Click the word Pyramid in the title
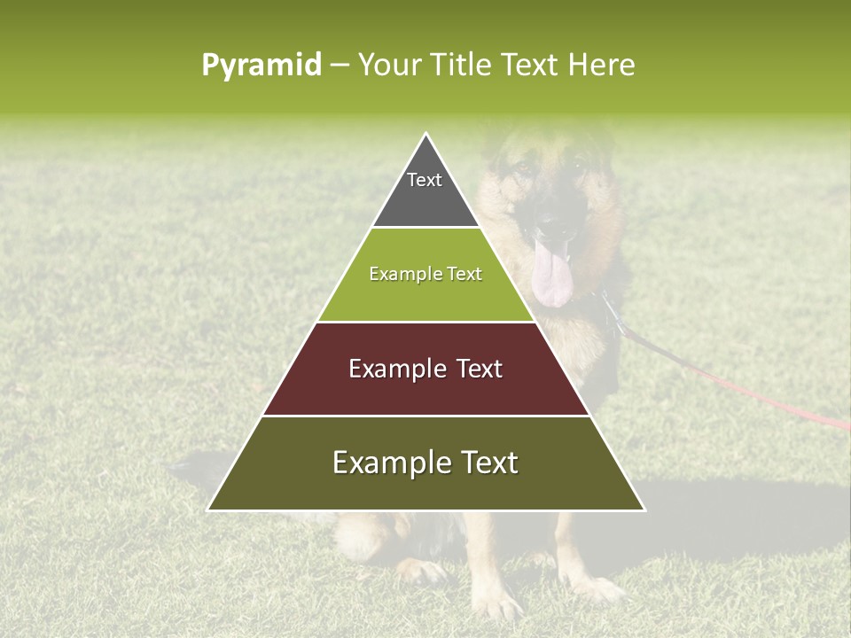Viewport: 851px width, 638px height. click(x=261, y=65)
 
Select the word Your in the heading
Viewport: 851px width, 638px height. click(x=388, y=65)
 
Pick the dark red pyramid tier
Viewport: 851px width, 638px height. click(x=425, y=390)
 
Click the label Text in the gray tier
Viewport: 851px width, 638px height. click(x=425, y=180)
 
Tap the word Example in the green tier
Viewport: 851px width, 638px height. click(x=395, y=275)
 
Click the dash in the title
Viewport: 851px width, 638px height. click(x=340, y=66)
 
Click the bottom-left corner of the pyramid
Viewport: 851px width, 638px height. click(x=208, y=510)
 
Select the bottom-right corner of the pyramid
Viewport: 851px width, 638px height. click(x=644, y=510)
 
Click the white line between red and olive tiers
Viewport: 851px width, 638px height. click(x=425, y=416)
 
